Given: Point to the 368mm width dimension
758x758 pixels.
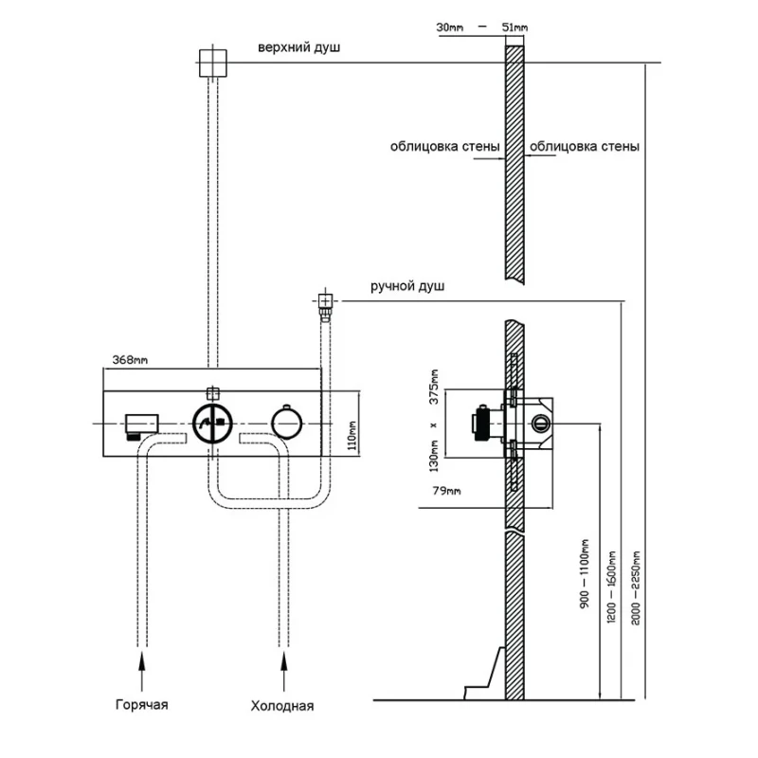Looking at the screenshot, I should pos(130,359).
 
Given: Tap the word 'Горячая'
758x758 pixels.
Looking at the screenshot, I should pos(142,704).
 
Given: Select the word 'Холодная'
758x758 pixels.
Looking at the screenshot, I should pos(282,706).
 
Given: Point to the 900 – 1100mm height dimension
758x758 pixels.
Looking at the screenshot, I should pos(586,573).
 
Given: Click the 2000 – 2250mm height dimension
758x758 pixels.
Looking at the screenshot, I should pos(634,587).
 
